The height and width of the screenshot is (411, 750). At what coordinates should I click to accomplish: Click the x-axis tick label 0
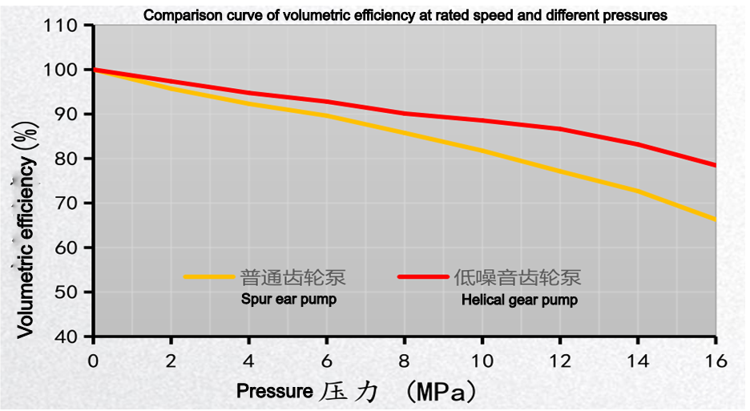click(94, 359)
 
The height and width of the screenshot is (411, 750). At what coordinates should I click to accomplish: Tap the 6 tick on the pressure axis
click(326, 359)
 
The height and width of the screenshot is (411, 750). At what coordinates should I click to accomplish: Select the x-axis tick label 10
click(482, 359)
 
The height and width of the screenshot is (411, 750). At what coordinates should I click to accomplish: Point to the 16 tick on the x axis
click(715, 359)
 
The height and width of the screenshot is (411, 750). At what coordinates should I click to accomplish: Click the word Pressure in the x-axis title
click(274, 392)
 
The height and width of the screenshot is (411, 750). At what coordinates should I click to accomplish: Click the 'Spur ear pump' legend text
click(288, 300)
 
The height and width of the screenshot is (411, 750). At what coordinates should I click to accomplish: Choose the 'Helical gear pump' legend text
click(519, 300)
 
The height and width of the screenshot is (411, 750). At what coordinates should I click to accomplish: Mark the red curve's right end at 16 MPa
click(714, 165)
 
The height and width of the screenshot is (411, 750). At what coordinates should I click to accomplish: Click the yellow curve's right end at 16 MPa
click(714, 219)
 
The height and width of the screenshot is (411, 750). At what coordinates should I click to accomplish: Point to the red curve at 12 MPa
click(559, 129)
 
